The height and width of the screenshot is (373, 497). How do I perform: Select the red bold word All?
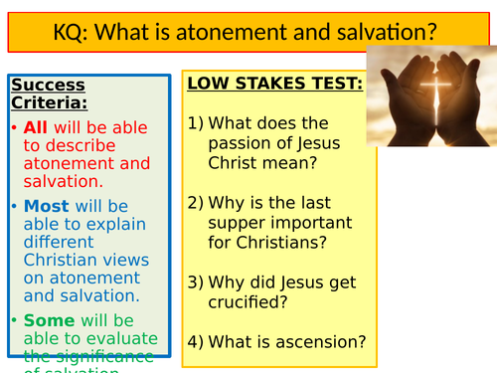coord(38,128)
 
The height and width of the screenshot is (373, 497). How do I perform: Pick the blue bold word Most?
coord(46,206)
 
